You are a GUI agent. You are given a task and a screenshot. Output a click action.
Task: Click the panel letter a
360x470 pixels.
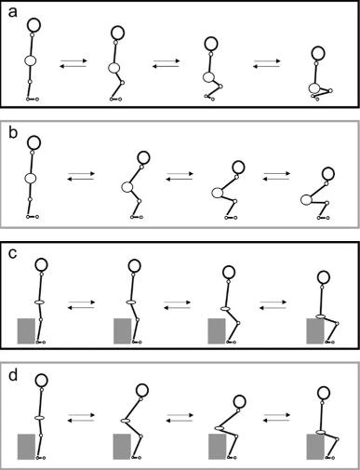click(13, 13)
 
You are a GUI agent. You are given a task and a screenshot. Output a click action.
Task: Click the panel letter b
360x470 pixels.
click(13, 133)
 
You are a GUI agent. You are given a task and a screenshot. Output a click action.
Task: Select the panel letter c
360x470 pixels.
click(13, 254)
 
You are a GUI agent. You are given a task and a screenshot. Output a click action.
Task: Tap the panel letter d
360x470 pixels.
click(13, 375)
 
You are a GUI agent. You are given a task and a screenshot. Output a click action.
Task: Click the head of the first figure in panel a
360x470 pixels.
click(33, 25)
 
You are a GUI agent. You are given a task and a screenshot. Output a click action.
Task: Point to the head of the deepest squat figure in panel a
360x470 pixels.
click(318, 53)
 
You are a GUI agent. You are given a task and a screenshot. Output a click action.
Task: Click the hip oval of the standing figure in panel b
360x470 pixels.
click(31, 178)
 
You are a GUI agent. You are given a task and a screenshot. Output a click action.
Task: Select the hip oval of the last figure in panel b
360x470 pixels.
click(306, 199)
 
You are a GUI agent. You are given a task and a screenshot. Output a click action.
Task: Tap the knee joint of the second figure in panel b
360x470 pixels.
click(140, 201)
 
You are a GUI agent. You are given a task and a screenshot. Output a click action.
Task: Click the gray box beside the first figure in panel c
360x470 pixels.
click(26, 330)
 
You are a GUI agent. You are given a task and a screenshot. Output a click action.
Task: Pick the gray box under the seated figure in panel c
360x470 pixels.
click(315, 331)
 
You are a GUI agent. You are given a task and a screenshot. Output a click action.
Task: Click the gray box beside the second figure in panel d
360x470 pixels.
click(122, 447)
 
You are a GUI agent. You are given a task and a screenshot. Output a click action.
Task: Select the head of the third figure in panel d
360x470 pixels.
click(239, 401)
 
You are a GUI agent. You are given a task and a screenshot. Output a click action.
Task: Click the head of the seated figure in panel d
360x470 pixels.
click(325, 393)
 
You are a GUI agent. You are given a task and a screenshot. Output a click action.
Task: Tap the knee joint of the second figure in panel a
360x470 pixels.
click(122, 83)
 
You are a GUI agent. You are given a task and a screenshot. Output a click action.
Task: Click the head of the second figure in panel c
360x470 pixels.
click(134, 265)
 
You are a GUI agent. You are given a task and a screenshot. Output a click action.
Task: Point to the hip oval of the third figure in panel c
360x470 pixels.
click(225, 309)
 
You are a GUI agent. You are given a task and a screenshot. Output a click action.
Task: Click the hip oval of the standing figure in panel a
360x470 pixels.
click(31, 60)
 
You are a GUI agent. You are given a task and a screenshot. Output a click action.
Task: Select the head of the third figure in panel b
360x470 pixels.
click(238, 168)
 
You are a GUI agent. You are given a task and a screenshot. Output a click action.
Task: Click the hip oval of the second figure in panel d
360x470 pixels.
click(126, 421)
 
